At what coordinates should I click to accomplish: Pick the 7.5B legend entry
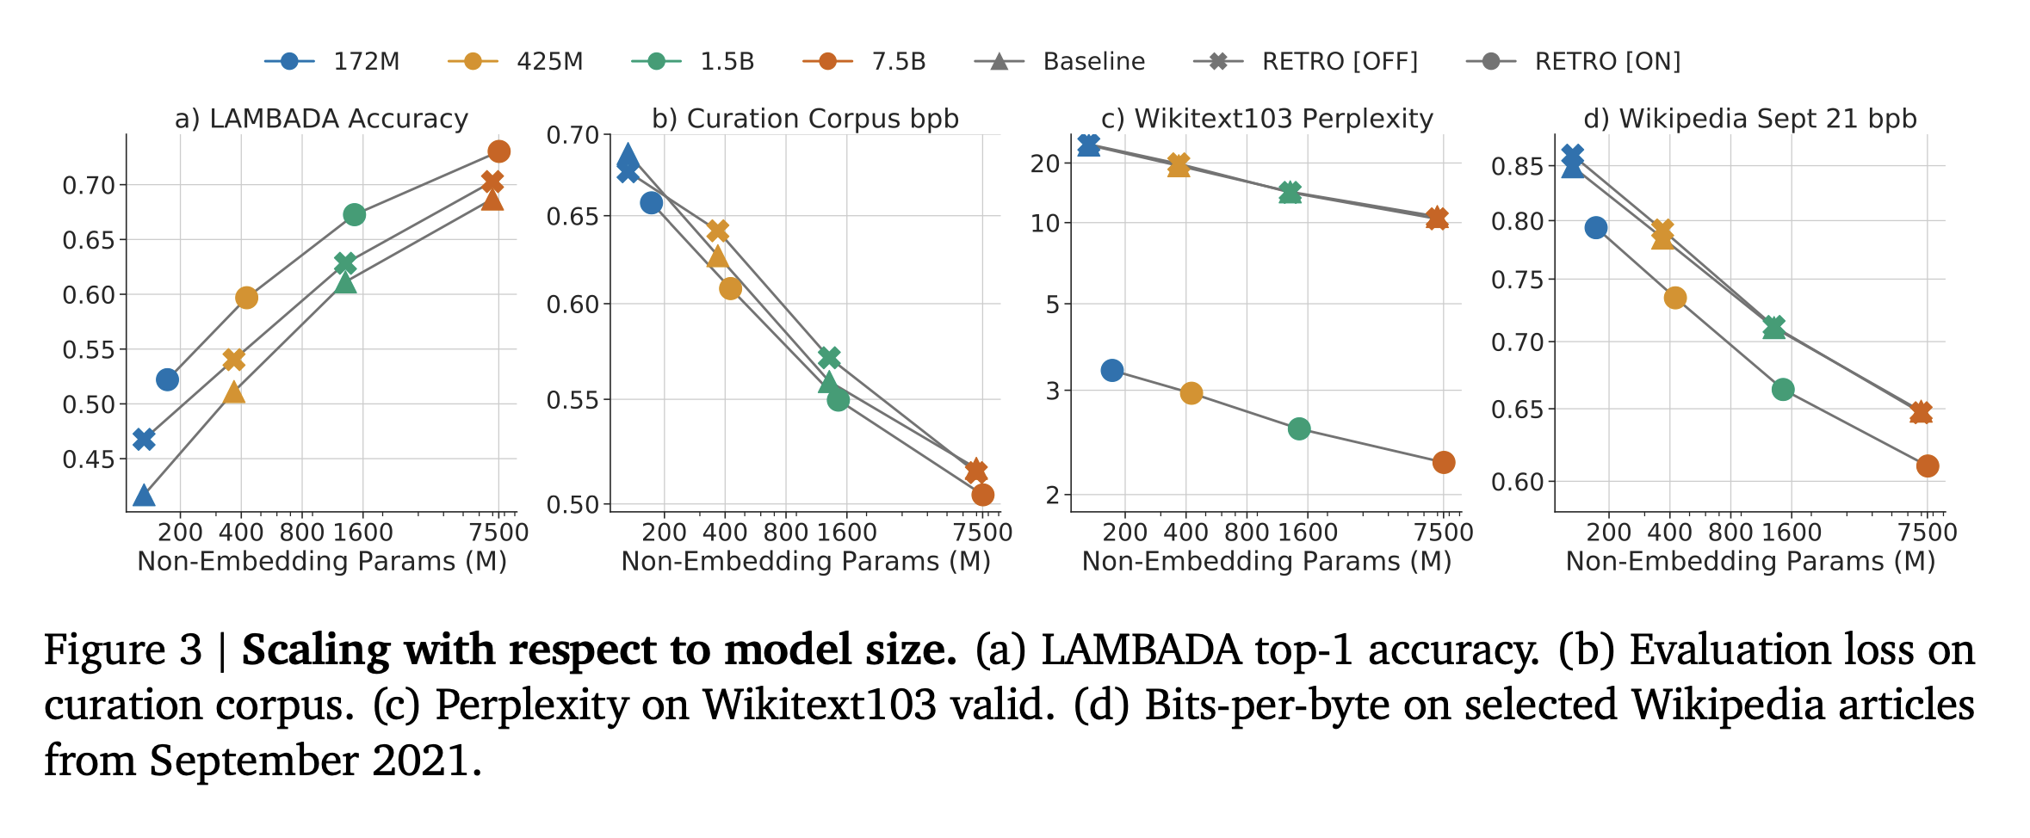pyautogui.click(x=864, y=62)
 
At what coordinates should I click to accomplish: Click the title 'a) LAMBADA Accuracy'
pyautogui.click(x=321, y=119)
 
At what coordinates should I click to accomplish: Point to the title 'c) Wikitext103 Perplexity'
pyautogui.click(x=1266, y=119)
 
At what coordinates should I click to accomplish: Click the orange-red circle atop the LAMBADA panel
pyautogui.click(x=498, y=151)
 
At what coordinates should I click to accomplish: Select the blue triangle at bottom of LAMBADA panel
pyautogui.click(x=144, y=496)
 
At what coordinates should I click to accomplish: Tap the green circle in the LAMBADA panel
pyautogui.click(x=354, y=214)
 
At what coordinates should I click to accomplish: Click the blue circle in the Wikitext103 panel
pyautogui.click(x=1111, y=371)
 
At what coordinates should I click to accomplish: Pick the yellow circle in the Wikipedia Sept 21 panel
pyautogui.click(x=1674, y=299)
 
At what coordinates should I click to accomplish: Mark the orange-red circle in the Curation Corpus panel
pyautogui.click(x=982, y=495)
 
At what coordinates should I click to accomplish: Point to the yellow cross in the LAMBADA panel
pyautogui.click(x=233, y=359)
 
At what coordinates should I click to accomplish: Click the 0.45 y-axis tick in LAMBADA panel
pyautogui.click(x=88, y=459)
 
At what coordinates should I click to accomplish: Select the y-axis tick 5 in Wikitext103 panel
pyautogui.click(x=1052, y=305)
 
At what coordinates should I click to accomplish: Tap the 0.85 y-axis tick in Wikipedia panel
pyautogui.click(x=1517, y=166)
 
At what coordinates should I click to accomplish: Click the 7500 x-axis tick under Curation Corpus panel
pyautogui.click(x=982, y=533)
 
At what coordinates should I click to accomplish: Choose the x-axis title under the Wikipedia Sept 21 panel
pyautogui.click(x=1750, y=562)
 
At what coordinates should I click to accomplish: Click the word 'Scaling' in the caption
pyautogui.click(x=316, y=650)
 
